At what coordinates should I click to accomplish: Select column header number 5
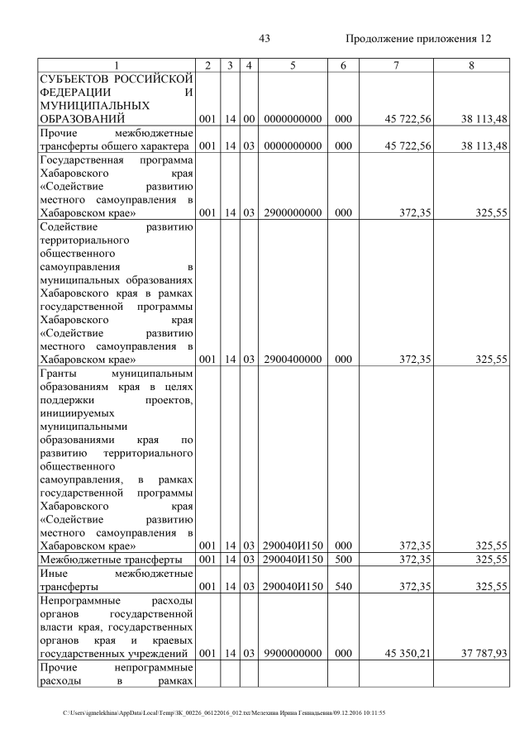[293, 64]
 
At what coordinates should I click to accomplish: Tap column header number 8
[470, 64]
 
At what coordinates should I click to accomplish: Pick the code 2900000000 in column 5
[293, 212]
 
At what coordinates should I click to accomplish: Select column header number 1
[117, 64]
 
